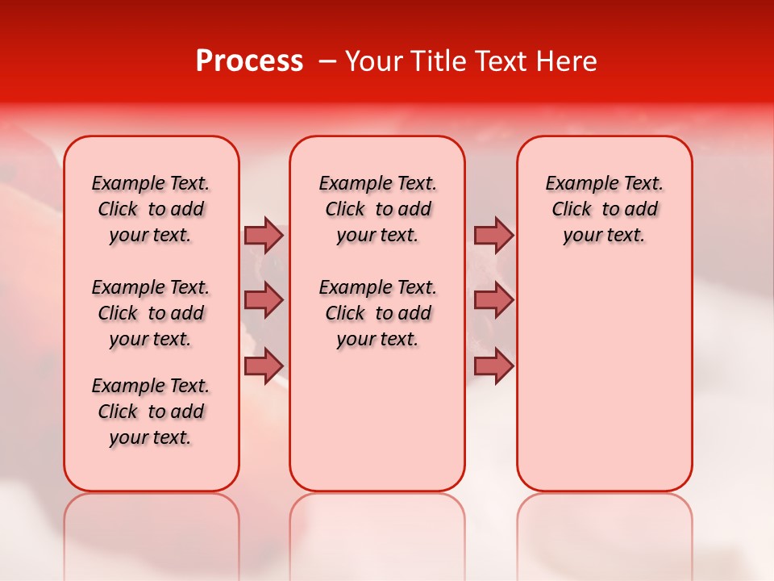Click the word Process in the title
pyautogui.click(x=249, y=61)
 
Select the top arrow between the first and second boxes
pyautogui.click(x=264, y=235)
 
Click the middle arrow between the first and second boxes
pyautogui.click(x=264, y=300)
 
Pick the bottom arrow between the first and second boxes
pyautogui.click(x=264, y=366)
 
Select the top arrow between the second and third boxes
pyautogui.click(x=493, y=235)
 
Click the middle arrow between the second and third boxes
pyautogui.click(x=493, y=300)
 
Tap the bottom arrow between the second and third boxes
pyautogui.click(x=493, y=366)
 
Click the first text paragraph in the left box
pyautogui.click(x=151, y=209)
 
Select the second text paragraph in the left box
pyautogui.click(x=151, y=313)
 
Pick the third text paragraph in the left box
pyautogui.click(x=151, y=412)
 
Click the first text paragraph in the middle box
pyautogui.click(x=378, y=209)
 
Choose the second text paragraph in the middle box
pyautogui.click(x=378, y=313)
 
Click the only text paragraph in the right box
pyautogui.click(x=605, y=209)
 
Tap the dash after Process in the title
pyautogui.click(x=327, y=61)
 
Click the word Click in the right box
pyautogui.click(x=572, y=210)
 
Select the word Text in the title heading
pyautogui.click(x=499, y=61)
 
